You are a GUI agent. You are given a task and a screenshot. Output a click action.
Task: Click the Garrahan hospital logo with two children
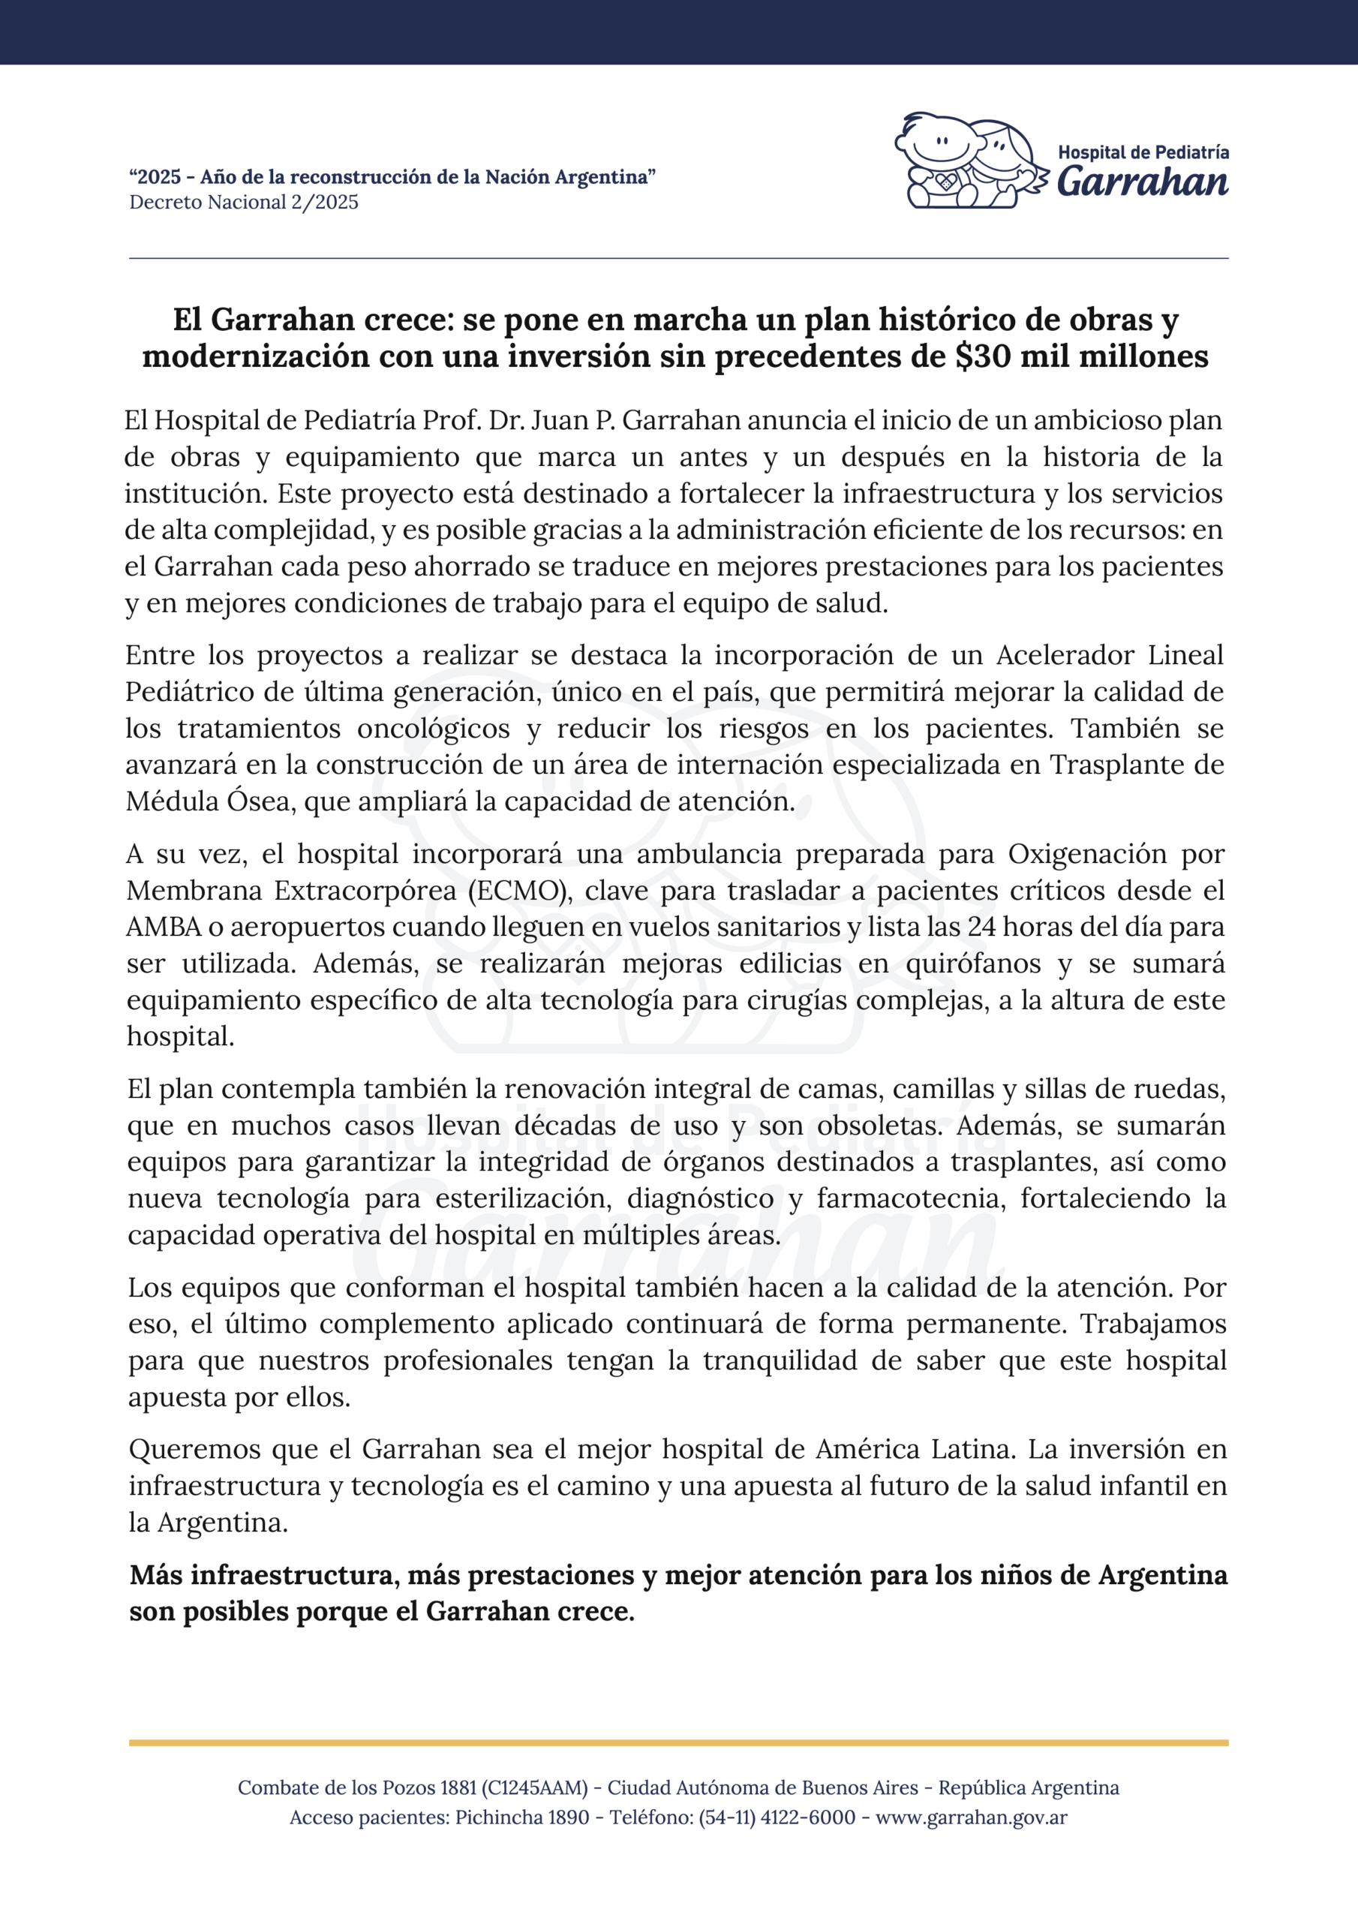pos(971,161)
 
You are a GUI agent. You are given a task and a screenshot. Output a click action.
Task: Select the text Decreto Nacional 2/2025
pos(244,203)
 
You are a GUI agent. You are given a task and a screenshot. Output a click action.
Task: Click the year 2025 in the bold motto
pos(159,177)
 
